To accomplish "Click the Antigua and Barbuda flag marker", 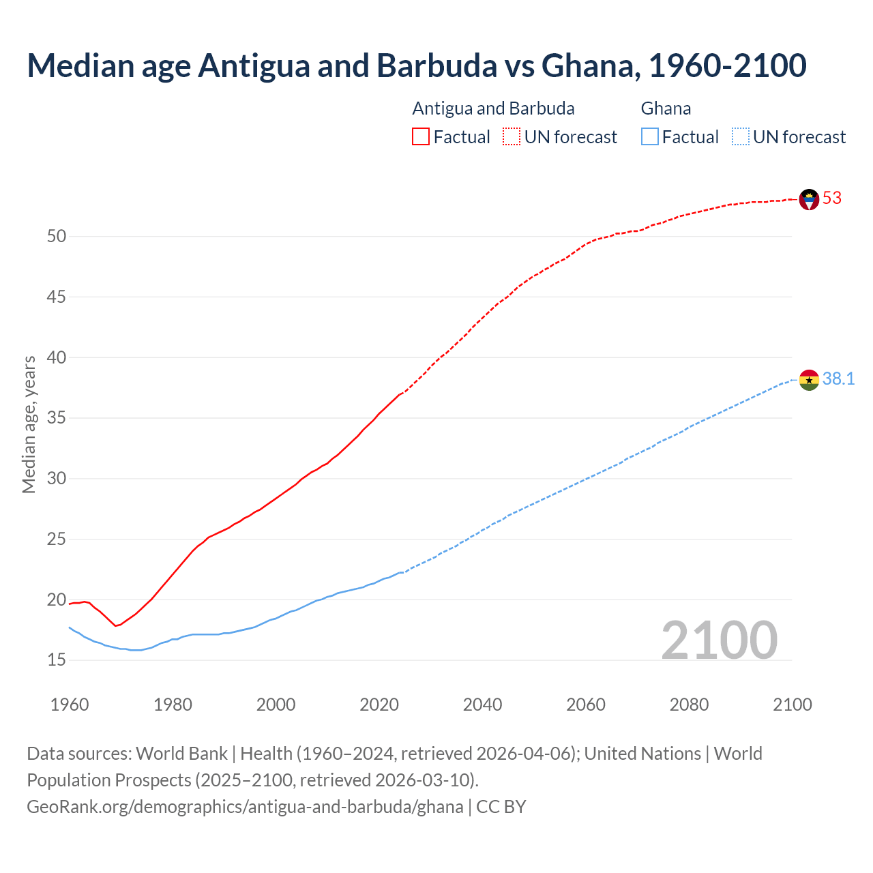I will [x=809, y=199].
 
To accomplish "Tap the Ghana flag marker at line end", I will [x=809, y=380].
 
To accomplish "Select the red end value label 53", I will [x=832, y=198].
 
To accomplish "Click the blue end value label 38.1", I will [x=838, y=379].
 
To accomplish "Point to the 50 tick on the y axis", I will [x=57, y=237].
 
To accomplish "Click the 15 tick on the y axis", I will [x=57, y=660].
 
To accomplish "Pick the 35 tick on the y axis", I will [x=57, y=418].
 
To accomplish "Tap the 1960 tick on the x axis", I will [x=70, y=705].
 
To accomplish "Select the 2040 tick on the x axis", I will [x=482, y=705].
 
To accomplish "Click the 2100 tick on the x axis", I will [x=792, y=705].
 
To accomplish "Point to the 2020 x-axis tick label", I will [x=379, y=705].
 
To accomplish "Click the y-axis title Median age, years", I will [x=29, y=424].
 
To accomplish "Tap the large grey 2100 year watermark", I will [x=719, y=640].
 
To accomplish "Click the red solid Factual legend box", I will [x=421, y=137].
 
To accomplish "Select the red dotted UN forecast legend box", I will [x=512, y=137].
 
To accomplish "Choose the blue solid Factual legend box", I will [x=650, y=137].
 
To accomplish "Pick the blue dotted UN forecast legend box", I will [x=740, y=137].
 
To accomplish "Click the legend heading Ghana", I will [x=666, y=108].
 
